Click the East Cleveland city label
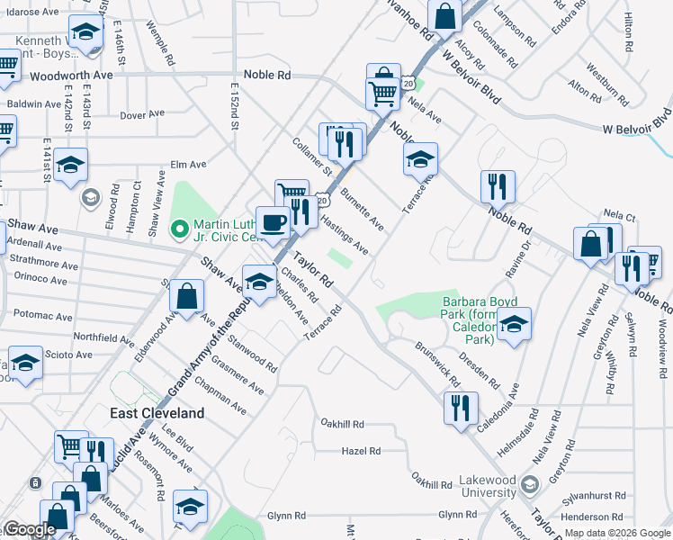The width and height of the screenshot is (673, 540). (157, 413)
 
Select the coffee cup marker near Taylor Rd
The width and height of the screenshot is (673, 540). (273, 220)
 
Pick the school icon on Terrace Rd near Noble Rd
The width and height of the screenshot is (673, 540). (420, 159)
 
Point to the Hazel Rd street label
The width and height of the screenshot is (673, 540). (361, 451)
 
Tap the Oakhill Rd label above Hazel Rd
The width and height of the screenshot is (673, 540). (343, 423)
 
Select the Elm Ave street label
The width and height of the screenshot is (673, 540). (189, 165)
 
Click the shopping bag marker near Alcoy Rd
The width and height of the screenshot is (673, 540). (444, 14)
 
